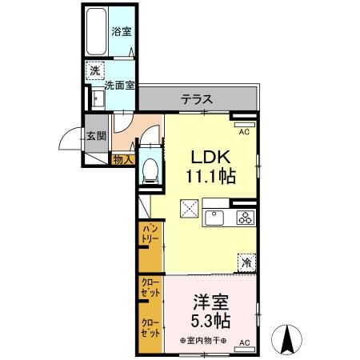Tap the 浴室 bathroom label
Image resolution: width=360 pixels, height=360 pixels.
pyautogui.click(x=122, y=32)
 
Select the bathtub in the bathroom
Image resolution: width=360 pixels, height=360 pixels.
pyautogui.click(x=97, y=32)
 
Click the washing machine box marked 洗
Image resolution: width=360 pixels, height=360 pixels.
pyautogui.click(x=95, y=70)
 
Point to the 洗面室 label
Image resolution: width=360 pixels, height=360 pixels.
pyautogui.click(x=117, y=82)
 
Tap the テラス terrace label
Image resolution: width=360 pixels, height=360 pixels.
pyautogui.click(x=196, y=99)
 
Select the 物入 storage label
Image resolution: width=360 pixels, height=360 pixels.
pyautogui.click(x=122, y=160)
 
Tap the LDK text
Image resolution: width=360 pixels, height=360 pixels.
pyautogui.click(x=206, y=157)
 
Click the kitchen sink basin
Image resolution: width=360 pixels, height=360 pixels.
pyautogui.click(x=216, y=218)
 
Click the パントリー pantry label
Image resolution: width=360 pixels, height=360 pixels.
pyautogui.click(x=150, y=238)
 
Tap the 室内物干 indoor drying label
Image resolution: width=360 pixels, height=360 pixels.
pyautogui.click(x=205, y=342)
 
